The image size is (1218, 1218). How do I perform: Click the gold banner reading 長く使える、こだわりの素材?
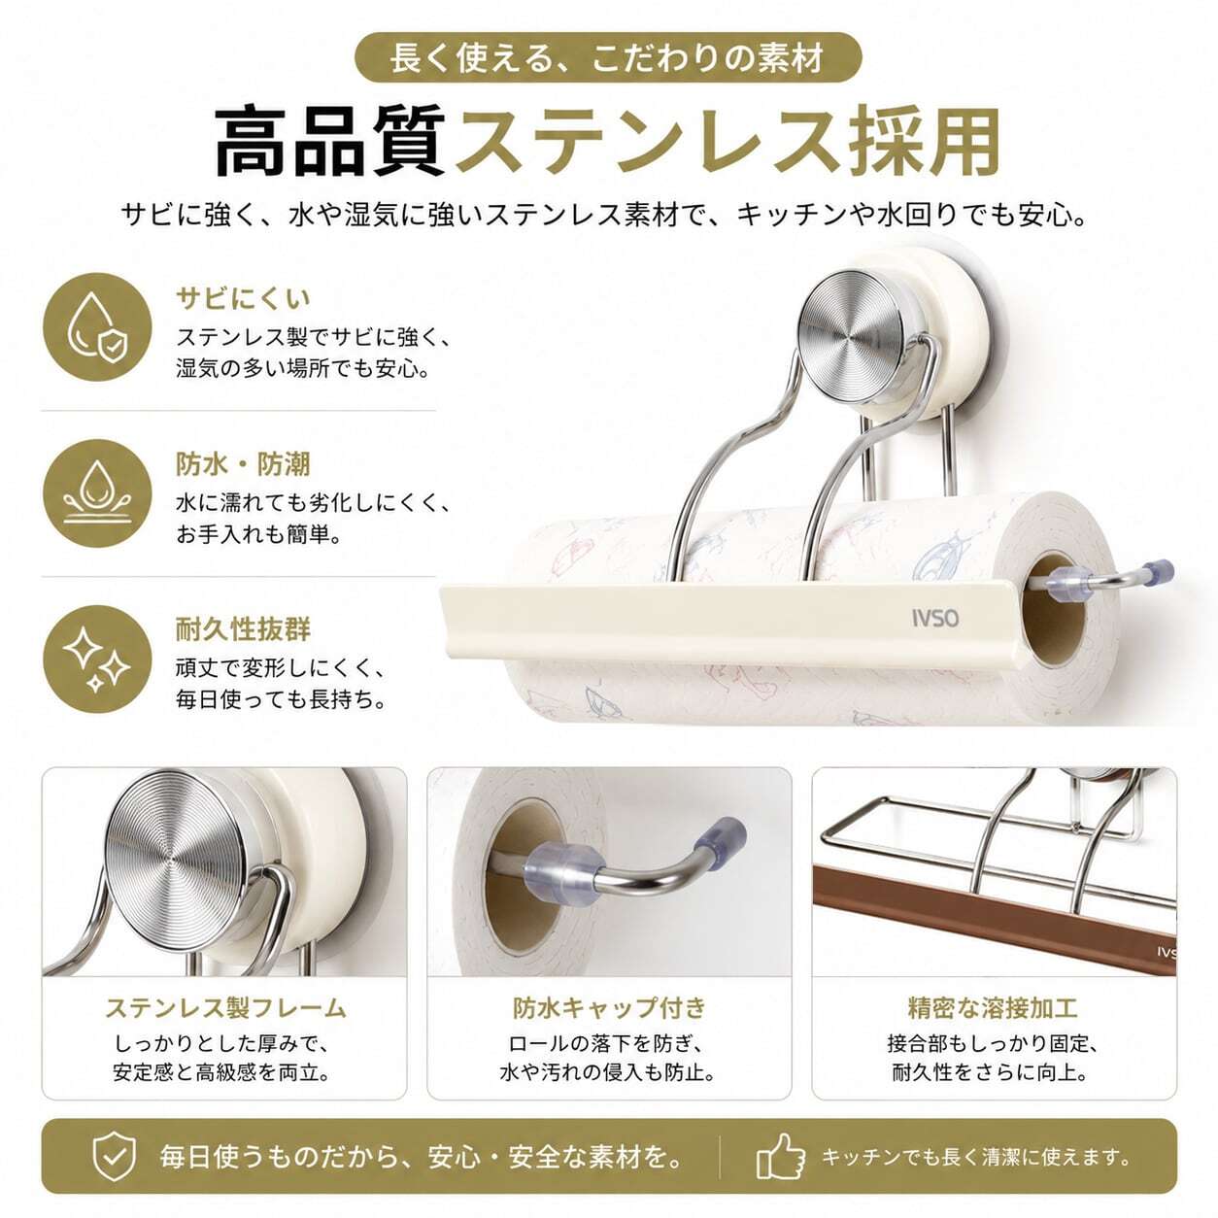click(x=608, y=57)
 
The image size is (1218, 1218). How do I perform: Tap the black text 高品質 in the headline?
click(x=330, y=143)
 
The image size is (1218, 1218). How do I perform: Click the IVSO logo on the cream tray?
click(x=935, y=618)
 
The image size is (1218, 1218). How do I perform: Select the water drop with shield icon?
click(x=97, y=327)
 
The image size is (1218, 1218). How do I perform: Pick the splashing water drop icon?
click(x=97, y=493)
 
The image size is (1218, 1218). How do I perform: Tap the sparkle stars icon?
click(x=97, y=659)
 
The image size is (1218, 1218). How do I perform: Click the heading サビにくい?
click(x=244, y=298)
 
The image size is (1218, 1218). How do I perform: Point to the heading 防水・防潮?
click(x=244, y=464)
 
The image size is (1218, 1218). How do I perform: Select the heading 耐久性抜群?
click(x=244, y=629)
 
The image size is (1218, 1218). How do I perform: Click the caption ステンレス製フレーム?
click(x=225, y=1007)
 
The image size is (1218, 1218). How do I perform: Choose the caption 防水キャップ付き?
click(x=609, y=1007)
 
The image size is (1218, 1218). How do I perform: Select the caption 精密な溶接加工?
click(x=993, y=1007)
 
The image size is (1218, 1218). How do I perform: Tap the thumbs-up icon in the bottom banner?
click(x=781, y=1156)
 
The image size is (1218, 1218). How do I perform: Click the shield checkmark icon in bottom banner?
click(x=115, y=1156)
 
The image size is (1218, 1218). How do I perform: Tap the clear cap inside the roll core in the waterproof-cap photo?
click(x=560, y=865)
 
